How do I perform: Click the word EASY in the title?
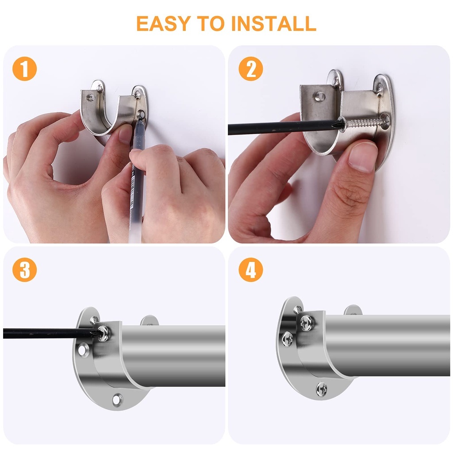[x=164, y=23]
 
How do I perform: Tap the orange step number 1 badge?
[x=25, y=69]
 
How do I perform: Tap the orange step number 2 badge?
[x=251, y=69]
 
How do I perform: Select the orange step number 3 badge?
[x=25, y=270]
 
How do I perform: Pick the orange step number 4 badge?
[x=251, y=270]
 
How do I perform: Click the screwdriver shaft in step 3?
[x=49, y=332]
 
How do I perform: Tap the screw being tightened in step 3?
[x=104, y=333]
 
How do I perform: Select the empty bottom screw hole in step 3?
[x=117, y=400]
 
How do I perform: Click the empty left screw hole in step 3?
[x=84, y=349]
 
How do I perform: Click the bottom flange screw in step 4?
[x=322, y=389]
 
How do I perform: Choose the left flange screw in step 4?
[x=288, y=339]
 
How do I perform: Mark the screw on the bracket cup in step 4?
[x=306, y=322]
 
